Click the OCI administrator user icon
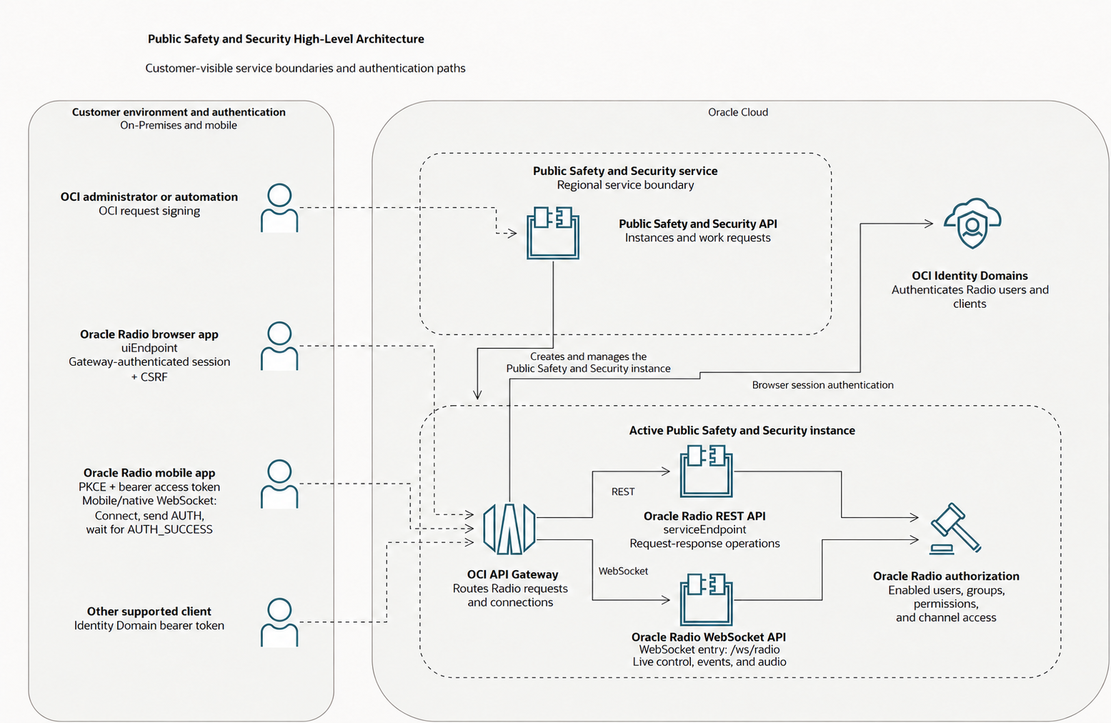(x=279, y=208)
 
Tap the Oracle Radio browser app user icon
(x=279, y=346)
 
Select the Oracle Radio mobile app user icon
(x=279, y=484)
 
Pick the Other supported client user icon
(x=279, y=622)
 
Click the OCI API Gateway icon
(x=509, y=529)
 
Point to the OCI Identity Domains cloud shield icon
(x=972, y=223)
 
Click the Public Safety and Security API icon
(x=552, y=233)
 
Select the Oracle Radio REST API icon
(x=707, y=471)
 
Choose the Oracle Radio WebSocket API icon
(x=707, y=599)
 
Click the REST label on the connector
(x=623, y=492)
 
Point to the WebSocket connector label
(x=623, y=571)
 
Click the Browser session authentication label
(x=823, y=385)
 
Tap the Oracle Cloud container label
(x=738, y=112)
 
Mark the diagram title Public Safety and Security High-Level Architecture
(x=286, y=39)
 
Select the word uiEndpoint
(x=149, y=348)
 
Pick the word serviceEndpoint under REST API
(x=704, y=529)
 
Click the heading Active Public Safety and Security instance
(x=742, y=430)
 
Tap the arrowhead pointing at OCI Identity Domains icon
(x=928, y=224)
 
